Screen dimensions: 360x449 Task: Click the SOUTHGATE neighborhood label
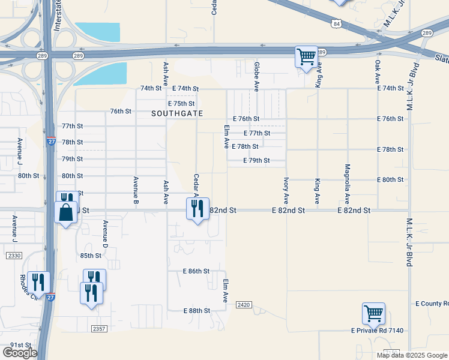click(x=177, y=113)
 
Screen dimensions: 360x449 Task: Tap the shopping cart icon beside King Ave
click(x=306, y=58)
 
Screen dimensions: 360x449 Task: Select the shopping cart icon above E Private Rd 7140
click(x=373, y=314)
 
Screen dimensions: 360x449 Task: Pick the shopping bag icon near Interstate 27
click(x=65, y=212)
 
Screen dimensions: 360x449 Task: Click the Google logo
click(x=20, y=353)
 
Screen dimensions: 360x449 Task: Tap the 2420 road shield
click(x=243, y=305)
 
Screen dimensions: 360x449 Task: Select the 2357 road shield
click(x=99, y=329)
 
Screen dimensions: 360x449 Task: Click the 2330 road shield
click(x=14, y=256)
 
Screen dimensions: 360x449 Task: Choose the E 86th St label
click(x=196, y=271)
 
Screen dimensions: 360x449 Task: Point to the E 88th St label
click(x=196, y=311)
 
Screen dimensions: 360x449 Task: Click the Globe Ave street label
click(x=256, y=73)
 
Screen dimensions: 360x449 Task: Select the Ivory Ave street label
click(x=286, y=190)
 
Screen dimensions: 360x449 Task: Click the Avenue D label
click(x=105, y=234)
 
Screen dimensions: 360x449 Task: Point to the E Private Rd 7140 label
click(x=378, y=331)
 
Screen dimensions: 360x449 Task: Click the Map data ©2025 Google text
click(x=411, y=355)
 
